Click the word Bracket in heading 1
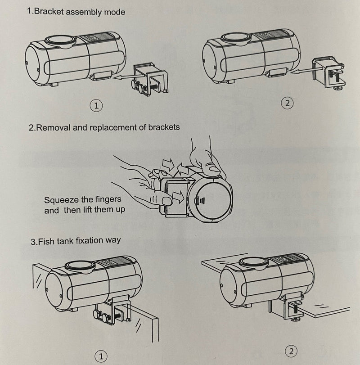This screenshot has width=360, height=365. click(x=49, y=11)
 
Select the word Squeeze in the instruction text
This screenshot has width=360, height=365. click(x=61, y=200)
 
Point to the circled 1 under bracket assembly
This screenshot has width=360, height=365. click(x=96, y=106)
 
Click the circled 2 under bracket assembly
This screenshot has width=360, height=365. click(x=288, y=103)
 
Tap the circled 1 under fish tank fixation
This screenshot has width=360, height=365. click(x=101, y=356)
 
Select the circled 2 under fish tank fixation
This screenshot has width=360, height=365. click(x=291, y=351)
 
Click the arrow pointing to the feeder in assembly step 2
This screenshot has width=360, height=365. click(x=301, y=70)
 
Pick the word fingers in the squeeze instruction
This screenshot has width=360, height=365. click(x=108, y=199)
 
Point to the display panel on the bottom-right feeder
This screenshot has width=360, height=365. click(x=288, y=259)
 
